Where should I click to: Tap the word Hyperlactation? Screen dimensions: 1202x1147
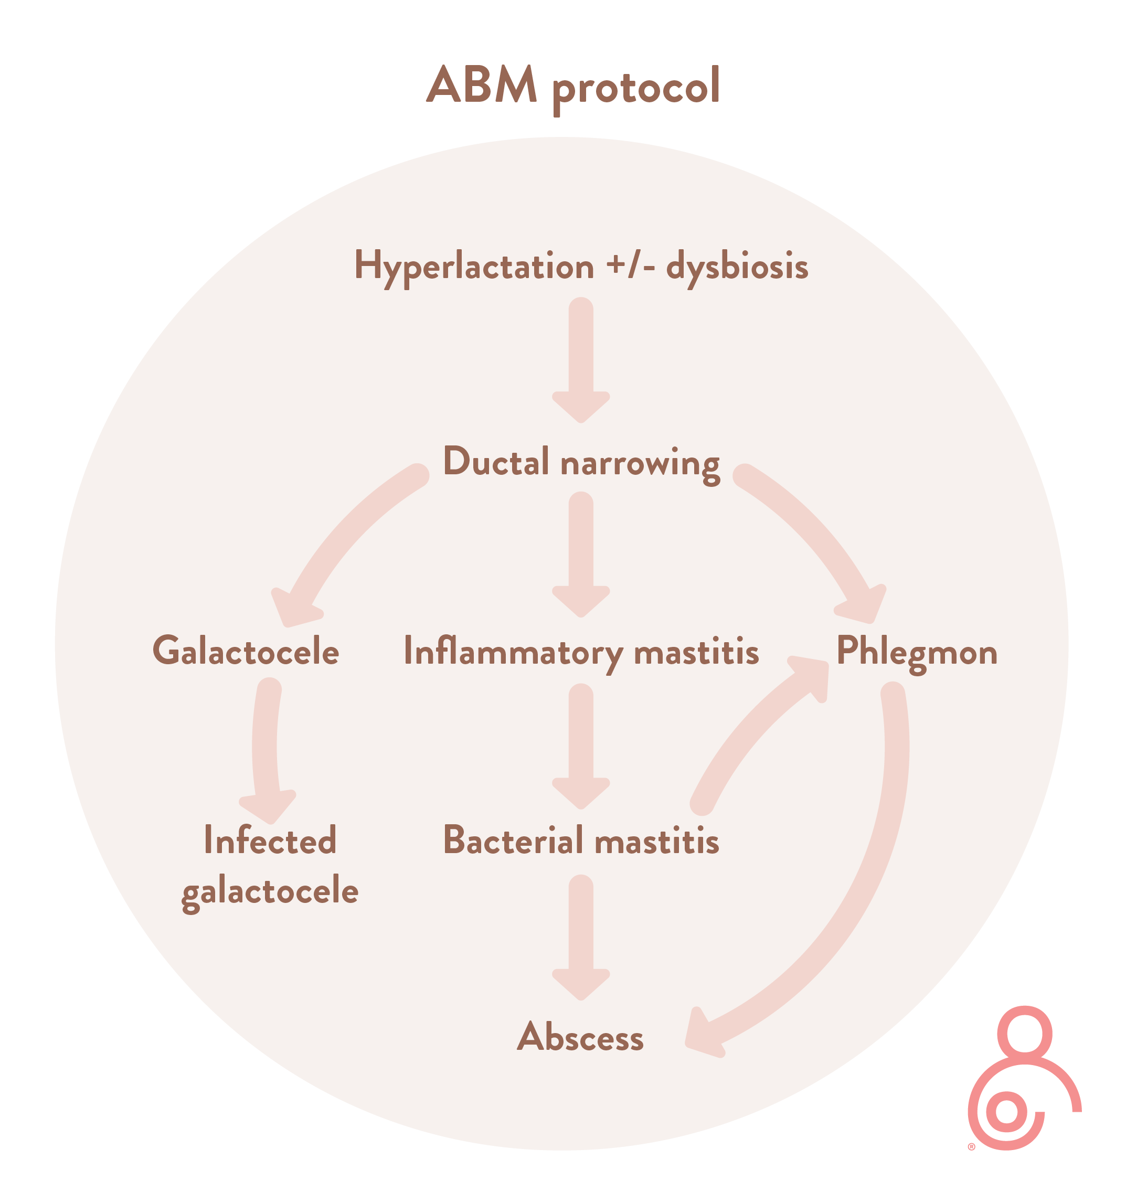coord(474,267)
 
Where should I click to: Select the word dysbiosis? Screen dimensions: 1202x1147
coord(737,267)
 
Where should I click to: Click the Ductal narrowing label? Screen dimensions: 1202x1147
coord(581,462)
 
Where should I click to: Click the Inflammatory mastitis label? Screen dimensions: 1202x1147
coord(581,652)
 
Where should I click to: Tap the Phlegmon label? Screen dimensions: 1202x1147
coord(917,652)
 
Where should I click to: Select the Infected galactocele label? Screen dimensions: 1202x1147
coord(270,866)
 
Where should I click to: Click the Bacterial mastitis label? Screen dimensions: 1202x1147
coord(581,841)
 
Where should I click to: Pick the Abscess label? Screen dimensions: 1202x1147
coord(580,1038)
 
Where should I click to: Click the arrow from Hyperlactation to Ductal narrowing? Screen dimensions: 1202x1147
coord(581,361)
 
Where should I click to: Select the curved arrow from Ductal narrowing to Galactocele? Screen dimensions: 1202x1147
coord(343,538)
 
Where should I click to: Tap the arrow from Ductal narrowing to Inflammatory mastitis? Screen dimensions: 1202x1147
coord(581,554)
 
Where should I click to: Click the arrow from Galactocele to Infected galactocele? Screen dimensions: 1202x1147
coord(266,752)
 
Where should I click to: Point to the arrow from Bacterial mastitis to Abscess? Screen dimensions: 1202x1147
coord(581,935)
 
